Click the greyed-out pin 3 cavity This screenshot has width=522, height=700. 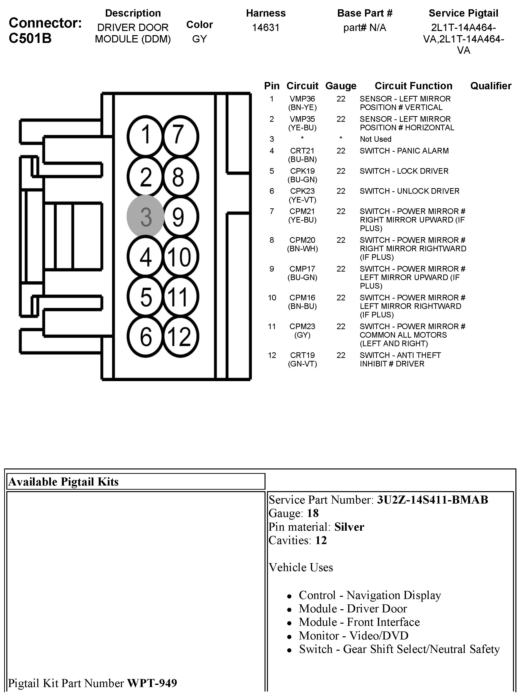146,216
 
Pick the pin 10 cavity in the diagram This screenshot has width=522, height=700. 180,256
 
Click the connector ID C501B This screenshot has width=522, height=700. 30,38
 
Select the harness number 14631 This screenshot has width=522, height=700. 266,28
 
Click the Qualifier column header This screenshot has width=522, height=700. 490,86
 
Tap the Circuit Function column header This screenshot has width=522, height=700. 413,86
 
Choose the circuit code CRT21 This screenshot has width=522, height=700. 302,151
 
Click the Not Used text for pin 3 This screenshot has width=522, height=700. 375,139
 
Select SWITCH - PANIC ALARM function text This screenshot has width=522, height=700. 404,151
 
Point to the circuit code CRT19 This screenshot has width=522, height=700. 302,355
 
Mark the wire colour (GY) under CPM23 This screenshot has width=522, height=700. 302,335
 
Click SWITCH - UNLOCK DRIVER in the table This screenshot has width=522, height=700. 409,191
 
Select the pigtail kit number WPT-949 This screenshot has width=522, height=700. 152,683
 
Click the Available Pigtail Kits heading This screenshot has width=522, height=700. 63,482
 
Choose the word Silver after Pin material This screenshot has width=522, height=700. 349,527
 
